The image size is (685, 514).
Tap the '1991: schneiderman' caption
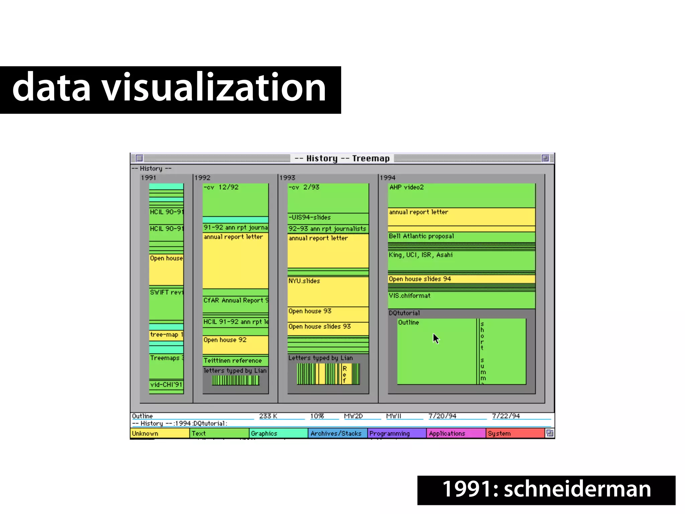546,489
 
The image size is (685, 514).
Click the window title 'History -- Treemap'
342,158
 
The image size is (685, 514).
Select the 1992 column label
202,178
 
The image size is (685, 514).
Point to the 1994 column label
387,178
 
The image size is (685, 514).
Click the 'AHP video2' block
461,196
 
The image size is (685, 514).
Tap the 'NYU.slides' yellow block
328,291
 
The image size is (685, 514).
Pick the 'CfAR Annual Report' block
235,303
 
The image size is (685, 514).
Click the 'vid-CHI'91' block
166,385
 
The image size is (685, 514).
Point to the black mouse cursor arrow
435,338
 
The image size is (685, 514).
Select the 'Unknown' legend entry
159,433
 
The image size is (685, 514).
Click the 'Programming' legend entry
397,433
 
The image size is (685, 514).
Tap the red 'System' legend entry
515,433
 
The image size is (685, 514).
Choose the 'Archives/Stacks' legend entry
337,433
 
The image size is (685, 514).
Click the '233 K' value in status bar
268,416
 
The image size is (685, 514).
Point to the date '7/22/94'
506,416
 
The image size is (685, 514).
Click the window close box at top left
139,158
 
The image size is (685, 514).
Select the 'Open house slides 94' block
461,279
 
